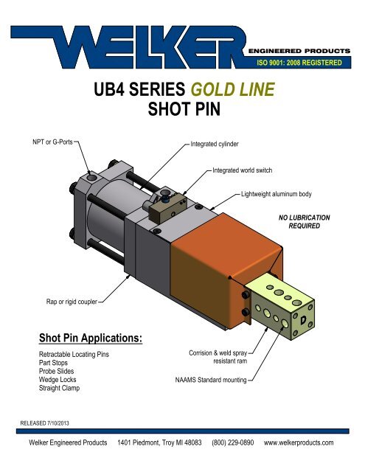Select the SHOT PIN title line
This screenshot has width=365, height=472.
(181, 111)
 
